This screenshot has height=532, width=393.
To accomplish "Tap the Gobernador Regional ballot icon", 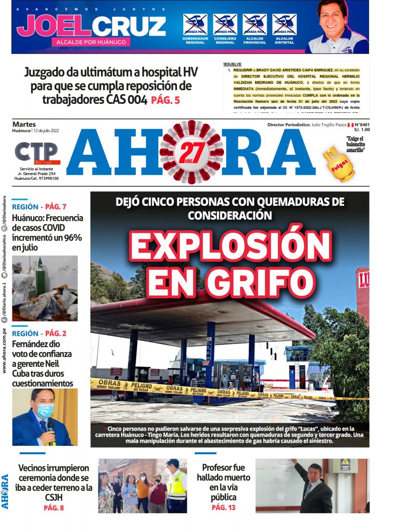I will tap(195, 24).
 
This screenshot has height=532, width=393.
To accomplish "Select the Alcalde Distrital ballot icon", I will tap(284, 24).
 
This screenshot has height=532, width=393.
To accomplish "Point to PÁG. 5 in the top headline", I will tap(166, 100).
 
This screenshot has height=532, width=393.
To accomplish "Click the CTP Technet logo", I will tap(36, 153).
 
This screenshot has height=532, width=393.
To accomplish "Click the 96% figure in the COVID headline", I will tap(71, 237).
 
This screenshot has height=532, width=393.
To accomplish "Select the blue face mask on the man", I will tap(45, 410).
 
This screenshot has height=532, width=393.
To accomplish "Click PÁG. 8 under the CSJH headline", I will tap(54, 508).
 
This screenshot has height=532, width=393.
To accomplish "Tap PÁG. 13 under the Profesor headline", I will tap(223, 507).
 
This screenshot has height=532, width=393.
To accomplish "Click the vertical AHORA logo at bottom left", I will tap(5, 491).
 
